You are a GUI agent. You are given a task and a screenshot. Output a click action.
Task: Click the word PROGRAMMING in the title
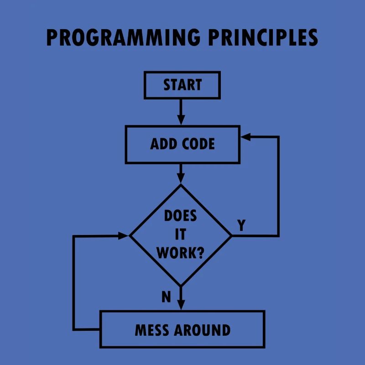123,38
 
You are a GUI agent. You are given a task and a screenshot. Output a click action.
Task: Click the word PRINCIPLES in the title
263,38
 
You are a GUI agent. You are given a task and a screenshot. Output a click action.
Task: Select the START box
182,85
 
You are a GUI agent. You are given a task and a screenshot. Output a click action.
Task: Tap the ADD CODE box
182,144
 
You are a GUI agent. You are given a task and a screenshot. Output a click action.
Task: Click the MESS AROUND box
182,329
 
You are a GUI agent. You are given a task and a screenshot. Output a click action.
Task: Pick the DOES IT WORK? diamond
181,235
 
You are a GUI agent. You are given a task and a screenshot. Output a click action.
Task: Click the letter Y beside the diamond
241,225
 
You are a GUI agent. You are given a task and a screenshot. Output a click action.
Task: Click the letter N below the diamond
166,297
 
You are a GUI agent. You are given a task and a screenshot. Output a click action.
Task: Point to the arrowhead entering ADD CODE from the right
246,136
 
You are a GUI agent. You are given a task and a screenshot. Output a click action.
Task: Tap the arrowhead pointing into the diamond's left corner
125,235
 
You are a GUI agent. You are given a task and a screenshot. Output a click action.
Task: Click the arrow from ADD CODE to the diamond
181,173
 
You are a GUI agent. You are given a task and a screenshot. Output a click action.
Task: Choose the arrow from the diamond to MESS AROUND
181,299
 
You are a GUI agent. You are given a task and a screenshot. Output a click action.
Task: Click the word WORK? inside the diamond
181,253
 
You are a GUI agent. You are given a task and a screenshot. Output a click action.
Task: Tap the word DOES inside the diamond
181,216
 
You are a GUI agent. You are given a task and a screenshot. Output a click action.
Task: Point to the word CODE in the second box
198,144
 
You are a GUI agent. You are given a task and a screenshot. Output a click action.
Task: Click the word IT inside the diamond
181,235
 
